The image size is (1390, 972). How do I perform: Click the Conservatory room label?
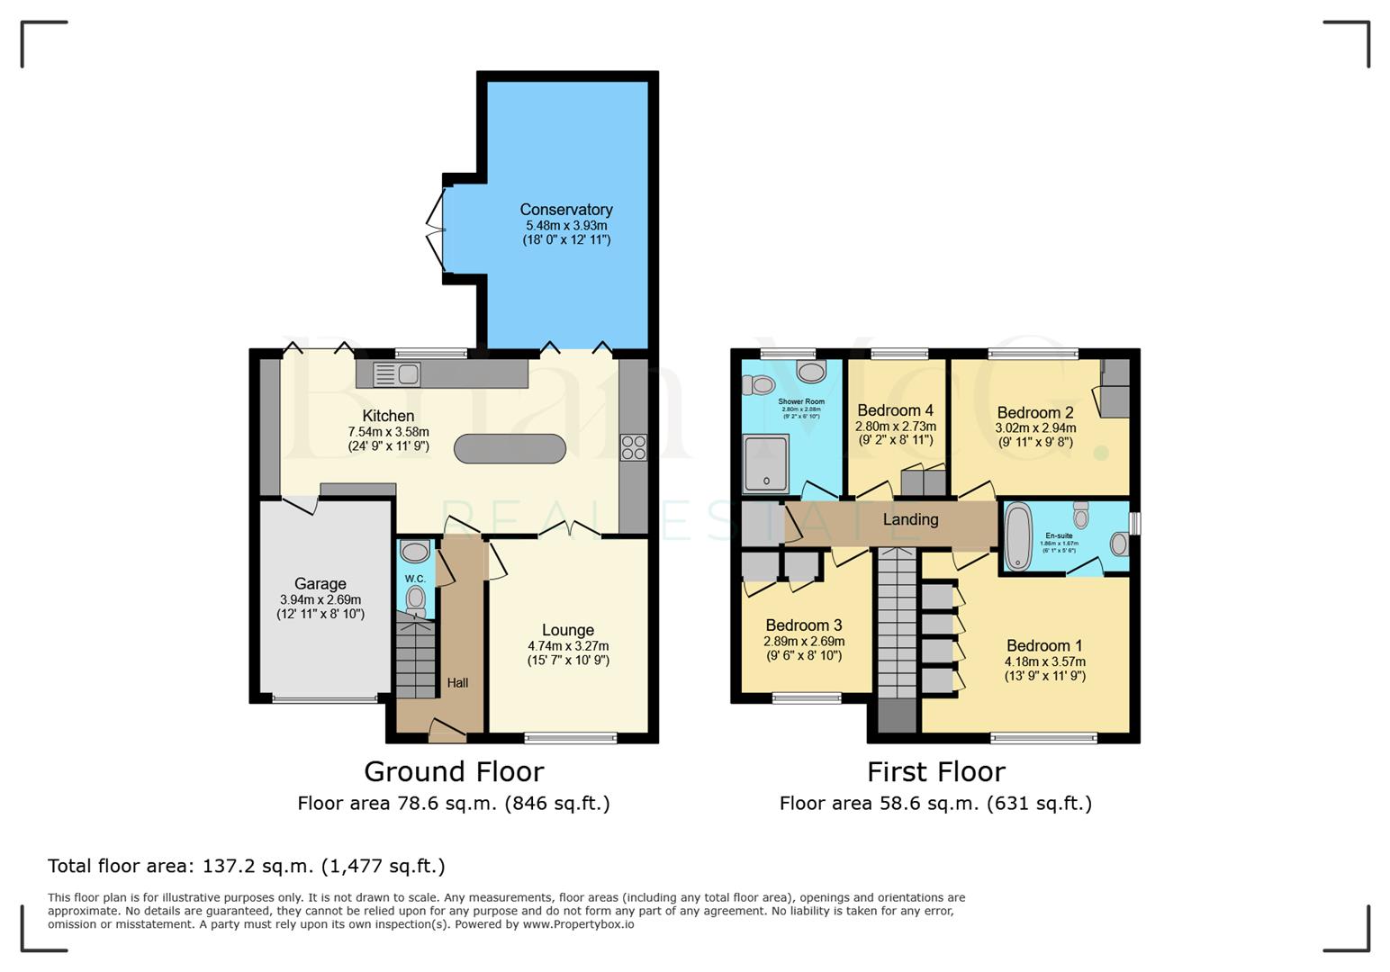(566, 210)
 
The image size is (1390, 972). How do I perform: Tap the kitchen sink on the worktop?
(395, 373)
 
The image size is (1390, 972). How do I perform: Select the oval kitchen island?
(510, 448)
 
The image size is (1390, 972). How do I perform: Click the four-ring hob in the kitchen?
(633, 447)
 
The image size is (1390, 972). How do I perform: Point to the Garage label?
(320, 584)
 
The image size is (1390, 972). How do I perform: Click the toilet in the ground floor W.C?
(415, 598)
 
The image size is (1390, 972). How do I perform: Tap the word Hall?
(457, 683)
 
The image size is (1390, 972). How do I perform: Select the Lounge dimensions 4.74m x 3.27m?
(568, 646)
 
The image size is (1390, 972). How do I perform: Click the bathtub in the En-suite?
(1017, 536)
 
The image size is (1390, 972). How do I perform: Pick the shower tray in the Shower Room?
(765, 463)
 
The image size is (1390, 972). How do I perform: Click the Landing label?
(910, 519)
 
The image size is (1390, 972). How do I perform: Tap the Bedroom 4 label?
(895, 410)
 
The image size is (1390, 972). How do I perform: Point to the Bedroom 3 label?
(804, 625)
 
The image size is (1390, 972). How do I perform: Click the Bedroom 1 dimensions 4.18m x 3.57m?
(1045, 661)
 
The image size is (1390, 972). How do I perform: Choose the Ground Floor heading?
(454, 771)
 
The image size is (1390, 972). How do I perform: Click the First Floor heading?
(935, 771)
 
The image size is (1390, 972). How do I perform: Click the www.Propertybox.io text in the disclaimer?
(578, 924)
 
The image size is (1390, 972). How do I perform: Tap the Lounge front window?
(571, 738)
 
